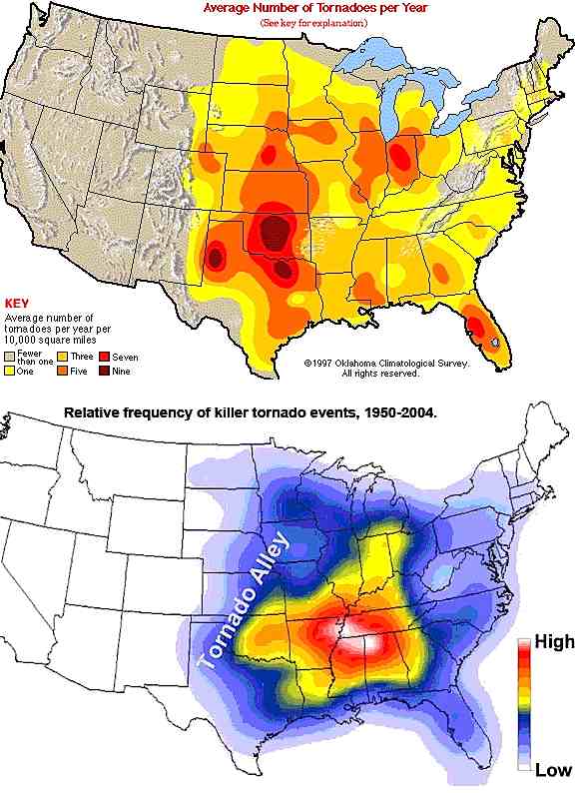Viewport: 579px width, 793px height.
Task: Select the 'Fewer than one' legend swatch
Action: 11,356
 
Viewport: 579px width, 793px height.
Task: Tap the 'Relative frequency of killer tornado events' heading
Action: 250,411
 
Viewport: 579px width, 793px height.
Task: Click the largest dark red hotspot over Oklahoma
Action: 273,231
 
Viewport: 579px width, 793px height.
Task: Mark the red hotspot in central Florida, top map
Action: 480,328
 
